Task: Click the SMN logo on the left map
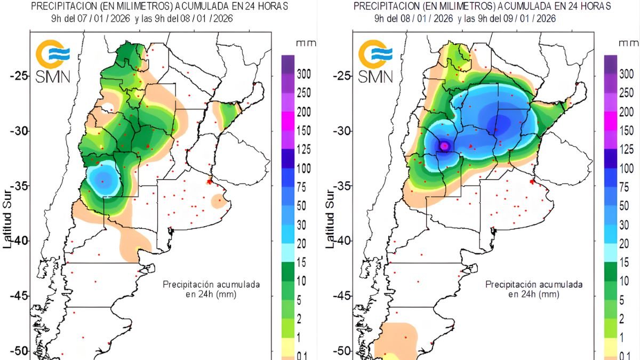pyautogui.click(x=52, y=61)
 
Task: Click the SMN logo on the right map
pyautogui.click(x=375, y=61)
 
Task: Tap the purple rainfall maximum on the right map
pyautogui.click(x=445, y=146)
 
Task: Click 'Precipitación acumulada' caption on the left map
pyautogui.click(x=211, y=284)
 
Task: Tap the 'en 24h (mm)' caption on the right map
pyautogui.click(x=533, y=294)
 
